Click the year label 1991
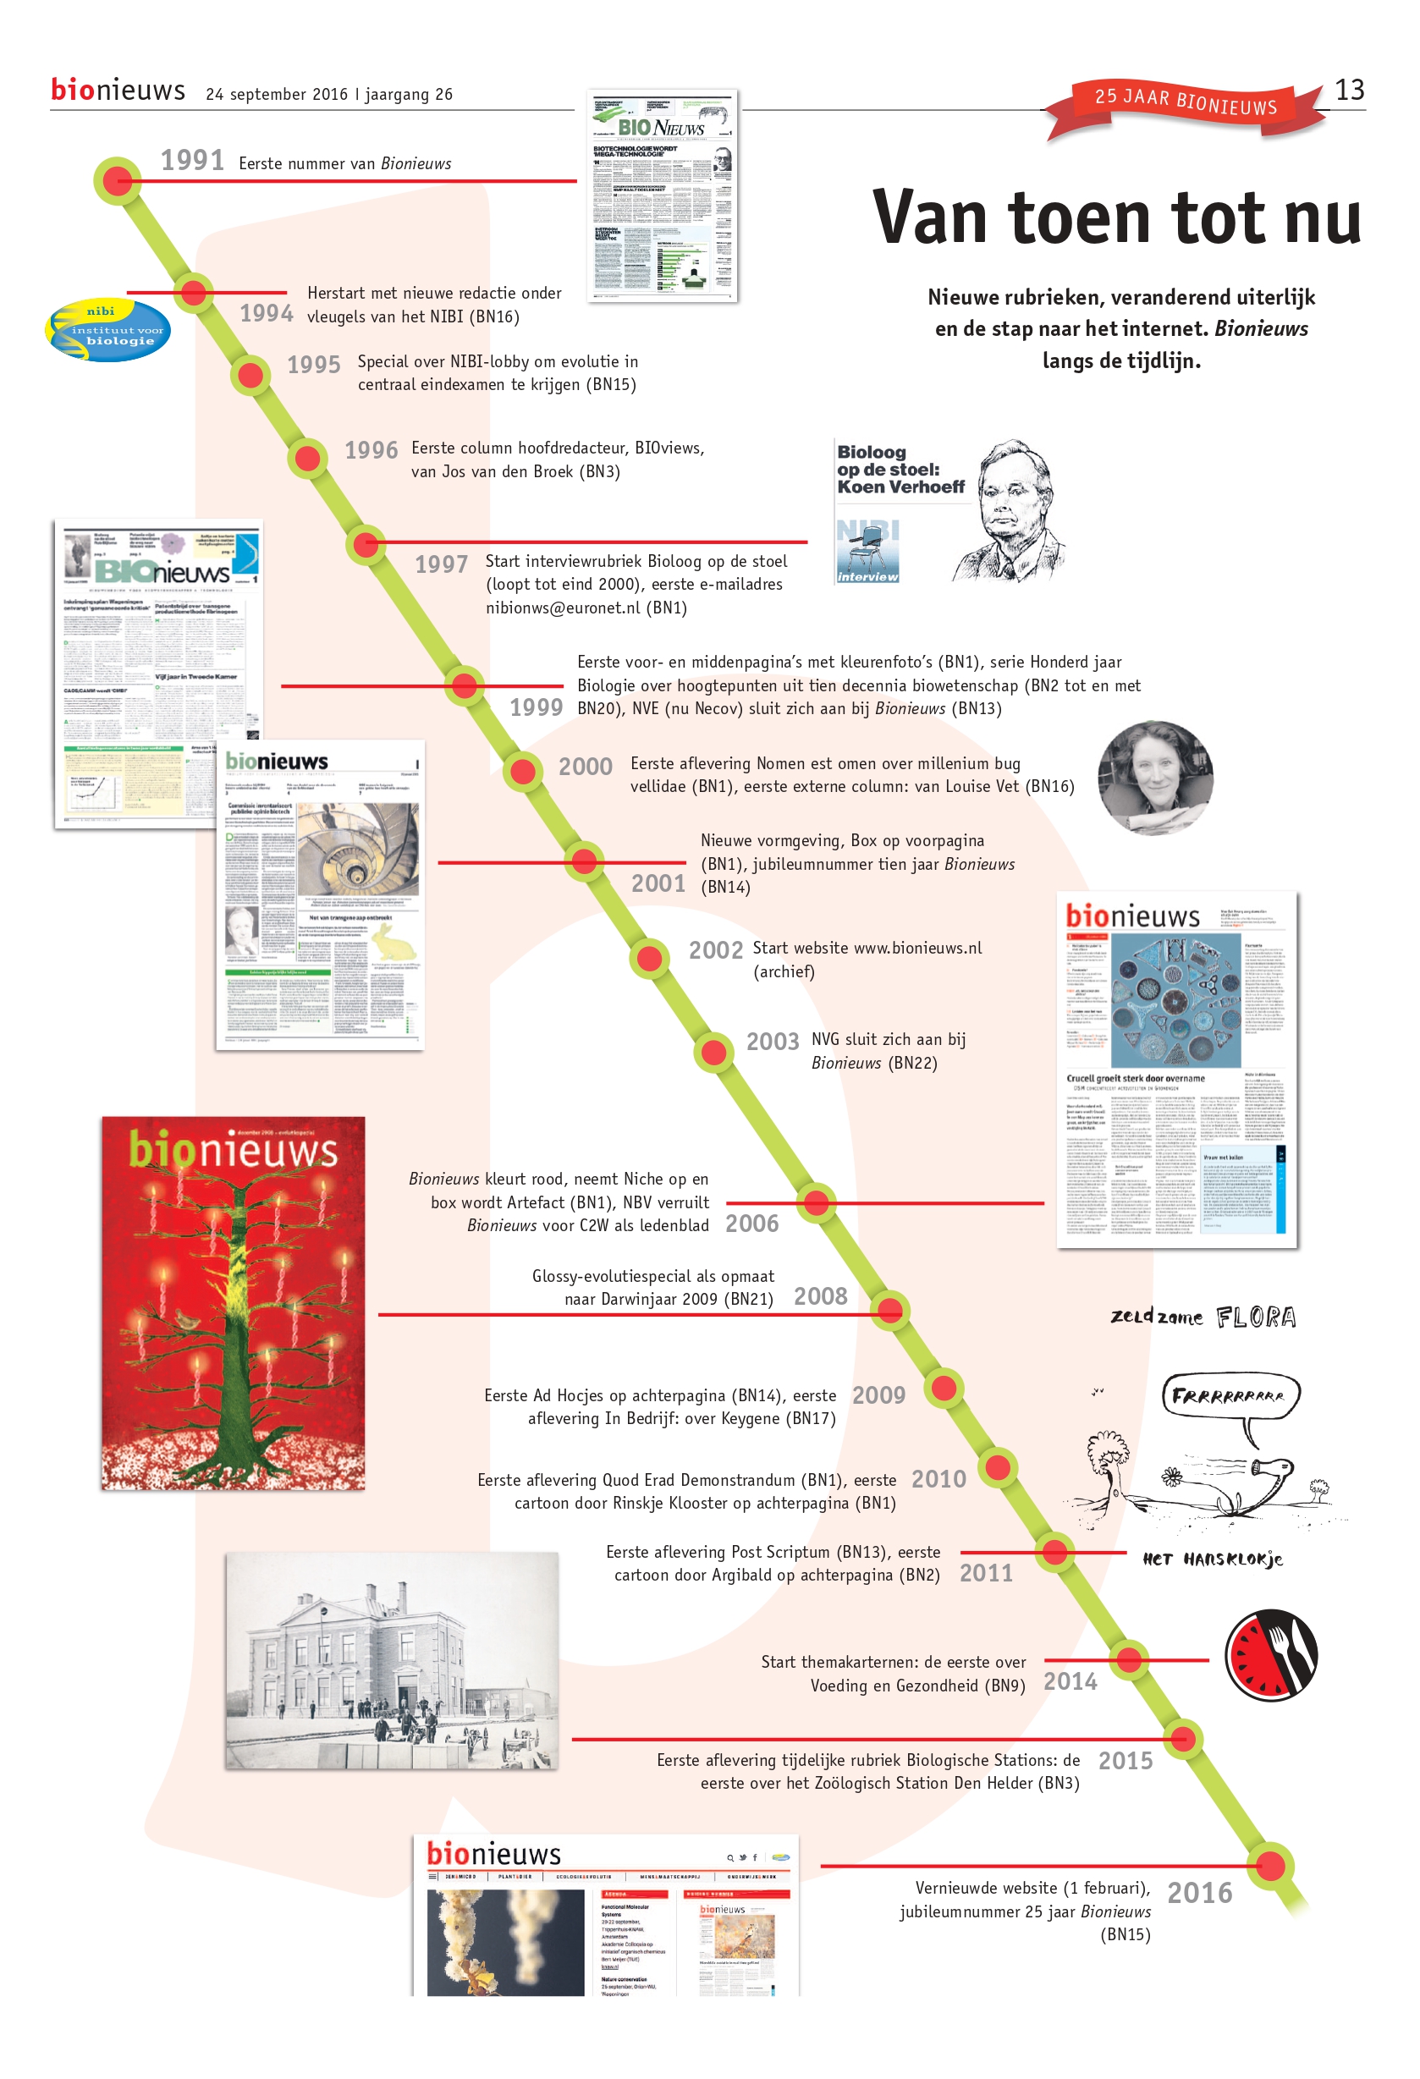coord(192,160)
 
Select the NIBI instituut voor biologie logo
coord(107,330)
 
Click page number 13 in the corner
coord(1349,90)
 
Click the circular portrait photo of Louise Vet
coord(1155,778)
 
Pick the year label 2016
coord(1199,1892)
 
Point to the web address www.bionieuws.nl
coord(917,949)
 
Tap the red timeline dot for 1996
coord(308,458)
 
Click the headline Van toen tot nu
coord(1116,217)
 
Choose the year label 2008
coord(820,1296)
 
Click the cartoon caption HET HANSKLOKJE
coord(1213,1559)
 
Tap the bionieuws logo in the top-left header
coord(118,91)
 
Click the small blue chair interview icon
coord(867,551)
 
